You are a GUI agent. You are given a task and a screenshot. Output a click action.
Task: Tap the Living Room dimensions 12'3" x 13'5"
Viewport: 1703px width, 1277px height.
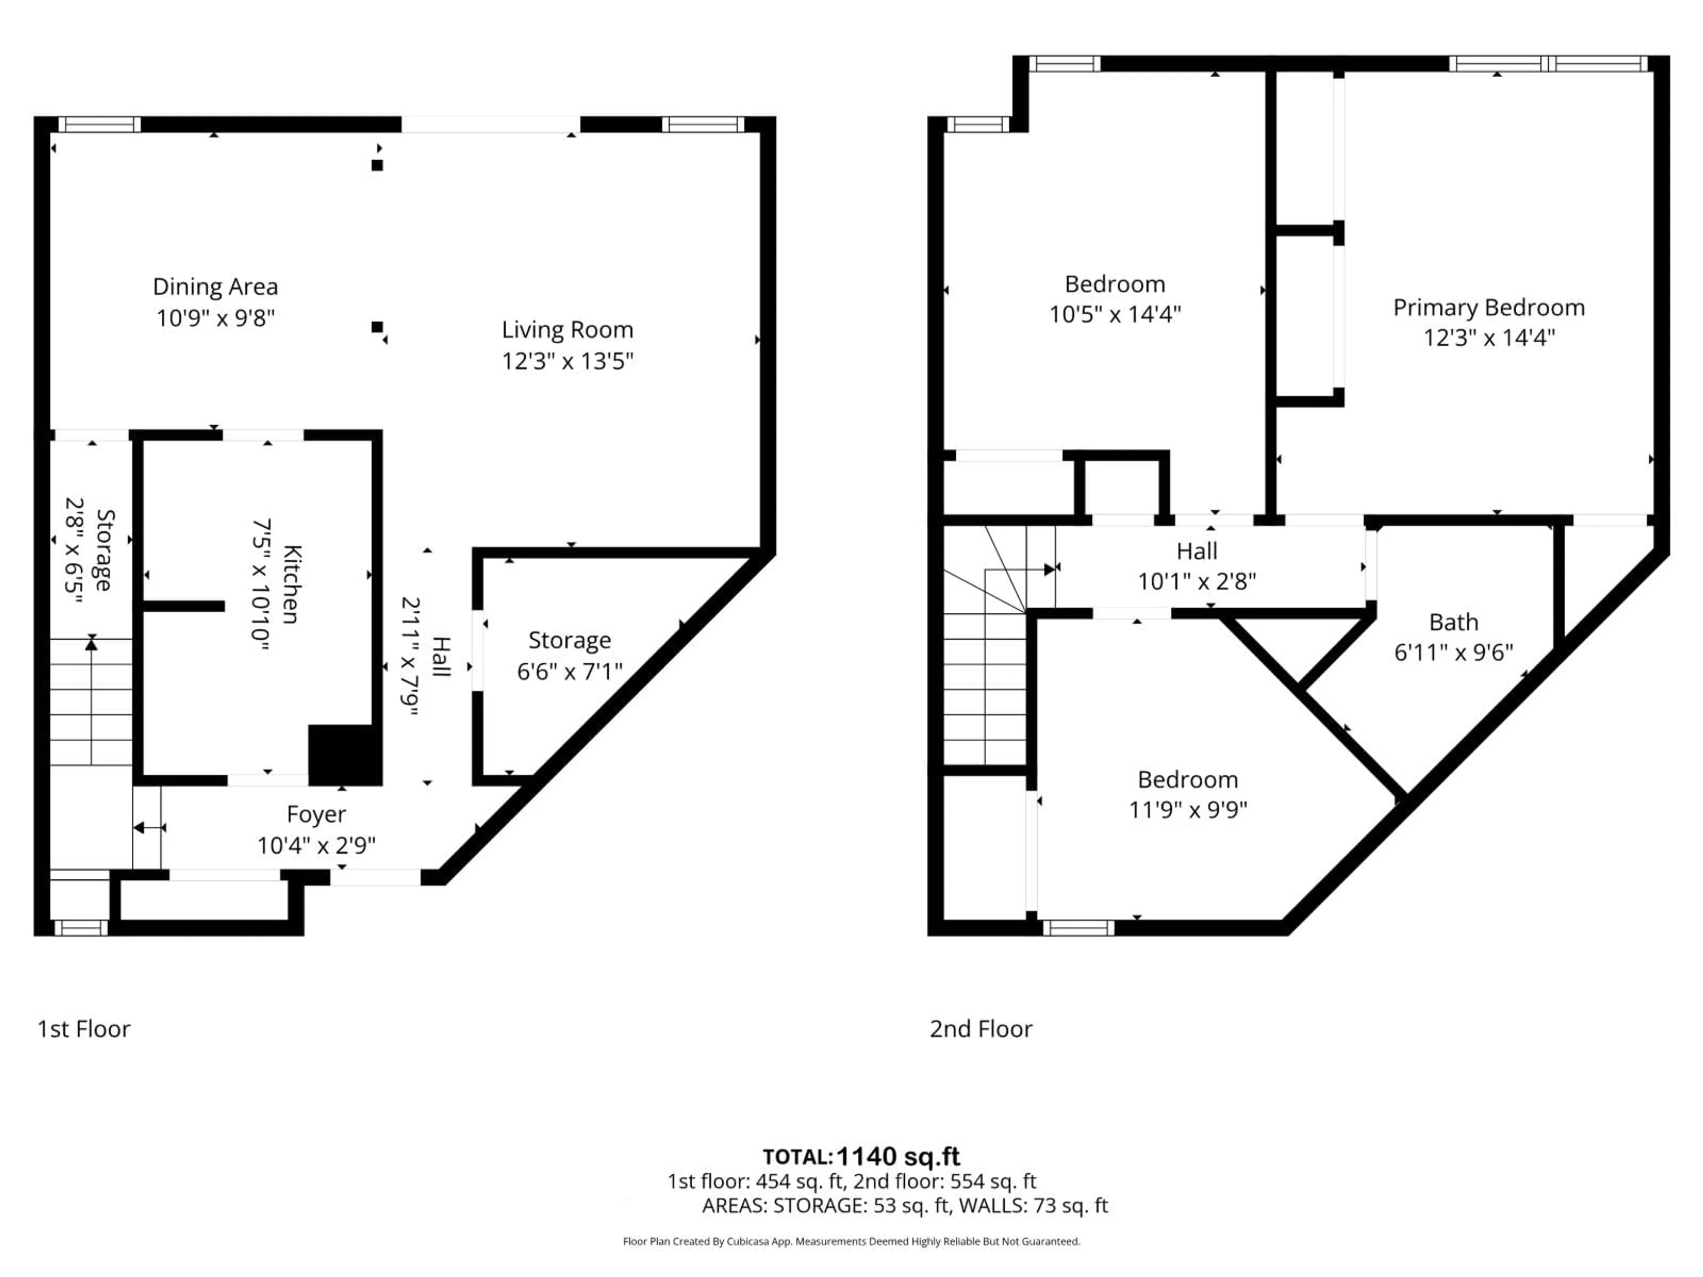[x=567, y=361]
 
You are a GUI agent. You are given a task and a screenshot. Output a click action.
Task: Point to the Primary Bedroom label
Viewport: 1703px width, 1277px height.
[x=1488, y=308]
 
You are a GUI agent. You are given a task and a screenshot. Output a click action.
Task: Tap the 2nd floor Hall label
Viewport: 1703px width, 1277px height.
[x=1197, y=551]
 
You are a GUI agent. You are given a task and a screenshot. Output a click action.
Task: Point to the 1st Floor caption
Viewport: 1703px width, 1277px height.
[x=84, y=1029]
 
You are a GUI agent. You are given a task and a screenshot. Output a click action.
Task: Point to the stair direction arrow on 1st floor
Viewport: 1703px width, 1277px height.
[x=92, y=643]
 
